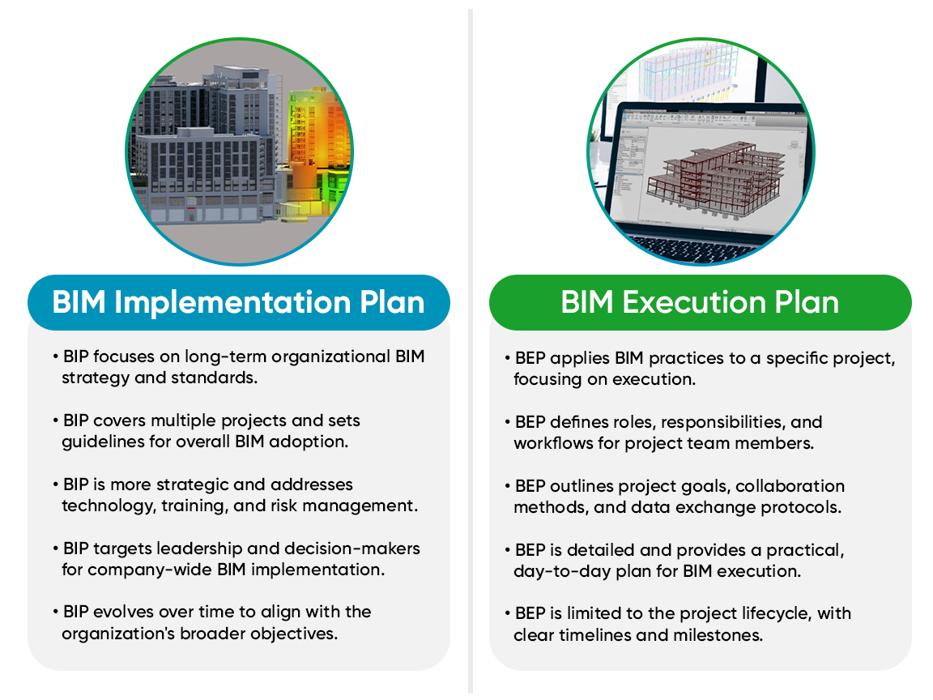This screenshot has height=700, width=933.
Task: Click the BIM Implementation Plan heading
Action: [x=238, y=302]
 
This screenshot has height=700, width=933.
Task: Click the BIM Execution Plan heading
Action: [x=700, y=302]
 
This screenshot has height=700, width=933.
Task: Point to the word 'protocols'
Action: [x=803, y=507]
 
